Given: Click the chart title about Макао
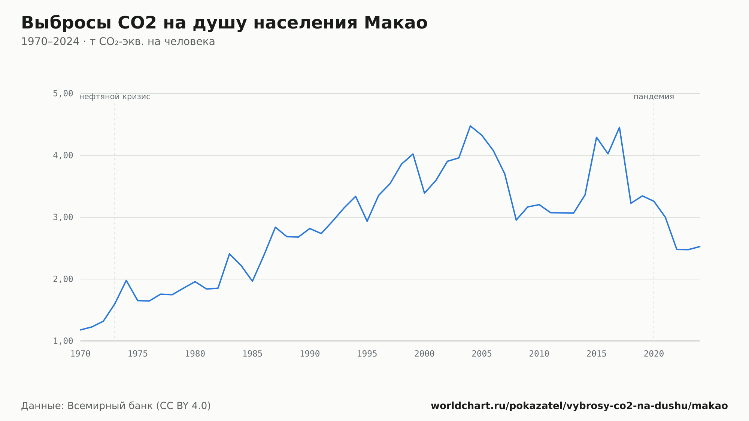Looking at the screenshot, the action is (x=224, y=23).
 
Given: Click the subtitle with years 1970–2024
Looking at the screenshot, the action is (x=118, y=42).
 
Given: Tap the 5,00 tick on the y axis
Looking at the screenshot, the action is (x=63, y=94).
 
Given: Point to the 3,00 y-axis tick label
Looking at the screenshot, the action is (x=63, y=217).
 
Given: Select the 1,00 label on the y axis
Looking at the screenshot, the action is (x=63, y=341).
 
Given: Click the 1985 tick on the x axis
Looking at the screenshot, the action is (x=252, y=354).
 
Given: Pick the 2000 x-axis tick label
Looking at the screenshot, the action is (x=424, y=354).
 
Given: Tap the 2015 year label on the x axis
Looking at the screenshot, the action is (x=597, y=354).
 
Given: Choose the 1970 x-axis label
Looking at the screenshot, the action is (x=81, y=354).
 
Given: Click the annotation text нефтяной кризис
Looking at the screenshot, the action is (x=115, y=97).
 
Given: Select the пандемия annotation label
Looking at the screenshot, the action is (x=654, y=97).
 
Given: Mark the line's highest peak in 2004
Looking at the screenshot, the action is (x=470, y=126).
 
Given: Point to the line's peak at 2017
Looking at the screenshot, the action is (x=619, y=127).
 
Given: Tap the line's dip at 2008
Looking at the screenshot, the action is (x=516, y=220).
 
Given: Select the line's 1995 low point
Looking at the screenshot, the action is (x=367, y=221).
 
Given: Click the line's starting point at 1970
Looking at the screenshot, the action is (x=81, y=330).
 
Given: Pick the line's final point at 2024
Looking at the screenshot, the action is (x=700, y=246).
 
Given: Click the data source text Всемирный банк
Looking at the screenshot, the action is (x=116, y=406).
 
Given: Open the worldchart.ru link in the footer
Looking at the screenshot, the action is (x=579, y=406).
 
